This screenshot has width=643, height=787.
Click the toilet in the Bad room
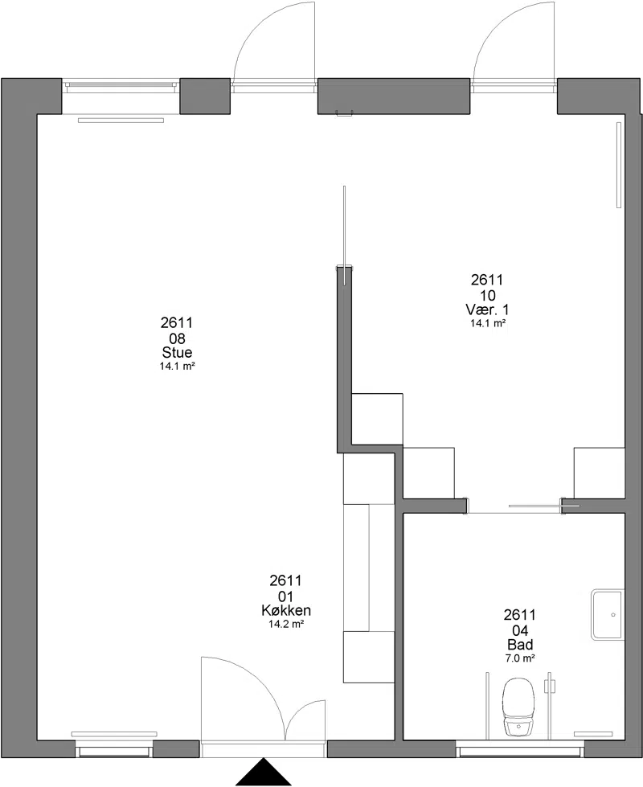point(519,707)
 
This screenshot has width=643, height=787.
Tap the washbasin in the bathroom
point(608,615)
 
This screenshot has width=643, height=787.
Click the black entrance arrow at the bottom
point(264,772)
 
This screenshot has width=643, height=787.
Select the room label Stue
point(177,352)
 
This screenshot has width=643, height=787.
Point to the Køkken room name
point(286,610)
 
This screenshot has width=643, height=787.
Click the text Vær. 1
point(487,309)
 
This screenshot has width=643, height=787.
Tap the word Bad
point(520,645)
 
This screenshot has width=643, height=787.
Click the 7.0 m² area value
point(520,658)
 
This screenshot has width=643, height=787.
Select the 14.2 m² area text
point(286,625)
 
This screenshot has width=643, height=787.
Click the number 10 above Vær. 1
point(487,295)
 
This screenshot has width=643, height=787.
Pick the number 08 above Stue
point(177,338)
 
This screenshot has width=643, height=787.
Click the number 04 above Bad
point(520,630)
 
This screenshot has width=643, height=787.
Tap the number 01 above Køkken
point(285,596)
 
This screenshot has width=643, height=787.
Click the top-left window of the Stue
point(121,85)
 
